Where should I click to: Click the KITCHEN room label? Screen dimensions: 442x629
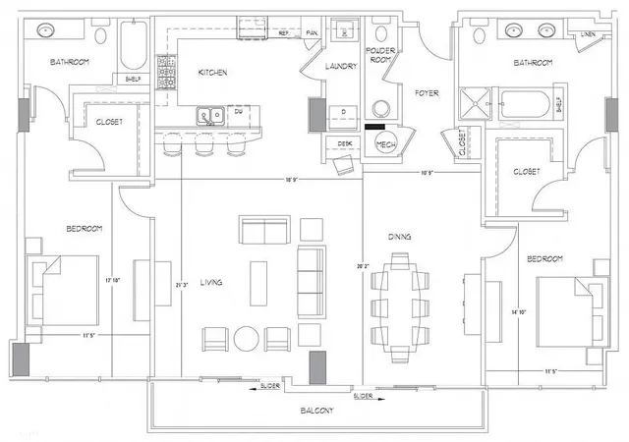pos(213,73)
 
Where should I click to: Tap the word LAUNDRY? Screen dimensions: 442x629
pos(341,66)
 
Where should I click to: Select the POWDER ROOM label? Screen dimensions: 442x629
pos(379,54)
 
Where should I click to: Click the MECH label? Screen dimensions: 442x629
pos(385,143)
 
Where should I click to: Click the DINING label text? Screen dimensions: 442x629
pos(399,237)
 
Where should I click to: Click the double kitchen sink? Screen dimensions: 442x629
pos(209,116)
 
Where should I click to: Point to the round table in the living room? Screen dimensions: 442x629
pos(246,339)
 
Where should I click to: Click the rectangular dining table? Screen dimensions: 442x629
pos(399,292)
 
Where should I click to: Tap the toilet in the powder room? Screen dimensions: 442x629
pos(380,107)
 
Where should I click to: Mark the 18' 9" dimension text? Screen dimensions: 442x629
pos(292,180)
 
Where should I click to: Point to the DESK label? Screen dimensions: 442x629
pos(344,143)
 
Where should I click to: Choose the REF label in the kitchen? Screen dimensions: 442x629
pos(284,33)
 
